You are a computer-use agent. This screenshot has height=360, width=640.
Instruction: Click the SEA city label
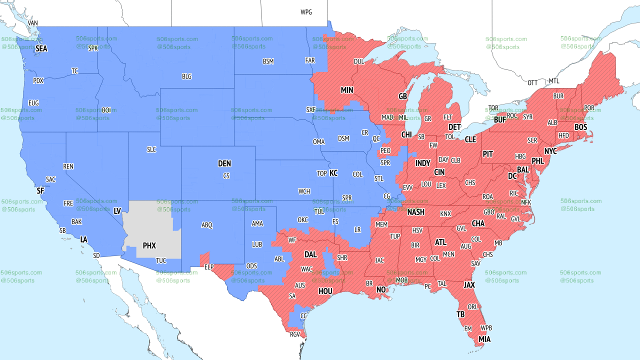[41, 48]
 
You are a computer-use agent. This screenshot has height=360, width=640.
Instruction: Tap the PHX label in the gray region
[149, 245]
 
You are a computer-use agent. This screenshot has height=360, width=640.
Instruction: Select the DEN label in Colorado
[224, 163]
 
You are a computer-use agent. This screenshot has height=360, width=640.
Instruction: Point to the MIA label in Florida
[484, 339]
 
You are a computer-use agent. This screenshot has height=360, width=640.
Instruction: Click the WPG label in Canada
[306, 12]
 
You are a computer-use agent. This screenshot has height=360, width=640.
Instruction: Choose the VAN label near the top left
[32, 23]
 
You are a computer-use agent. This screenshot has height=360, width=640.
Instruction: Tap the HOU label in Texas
[325, 291]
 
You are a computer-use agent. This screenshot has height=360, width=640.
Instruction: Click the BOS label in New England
[580, 127]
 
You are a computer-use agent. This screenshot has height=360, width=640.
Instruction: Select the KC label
[333, 173]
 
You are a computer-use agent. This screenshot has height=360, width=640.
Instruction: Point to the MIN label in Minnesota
[347, 90]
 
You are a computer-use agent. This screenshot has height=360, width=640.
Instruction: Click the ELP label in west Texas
[209, 267]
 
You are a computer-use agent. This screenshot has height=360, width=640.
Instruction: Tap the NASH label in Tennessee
[415, 212]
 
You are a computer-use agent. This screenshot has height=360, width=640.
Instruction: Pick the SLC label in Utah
[151, 149]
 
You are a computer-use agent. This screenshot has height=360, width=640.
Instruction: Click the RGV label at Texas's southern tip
[295, 334]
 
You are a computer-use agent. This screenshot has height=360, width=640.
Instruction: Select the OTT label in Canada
[532, 82]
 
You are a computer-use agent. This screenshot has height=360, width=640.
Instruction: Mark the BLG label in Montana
[186, 76]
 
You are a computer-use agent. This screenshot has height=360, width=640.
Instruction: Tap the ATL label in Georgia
[440, 242]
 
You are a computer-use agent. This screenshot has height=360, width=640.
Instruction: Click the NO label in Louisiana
[381, 289]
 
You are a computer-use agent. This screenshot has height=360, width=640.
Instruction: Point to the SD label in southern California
[96, 255]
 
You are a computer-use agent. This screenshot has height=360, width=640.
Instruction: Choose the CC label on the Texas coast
[303, 315]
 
